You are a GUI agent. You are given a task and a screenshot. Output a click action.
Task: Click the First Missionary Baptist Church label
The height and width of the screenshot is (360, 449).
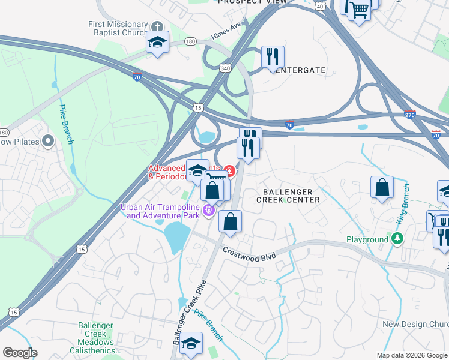point(118,28)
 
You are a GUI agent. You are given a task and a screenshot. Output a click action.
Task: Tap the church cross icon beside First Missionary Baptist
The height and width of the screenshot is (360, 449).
point(157,26)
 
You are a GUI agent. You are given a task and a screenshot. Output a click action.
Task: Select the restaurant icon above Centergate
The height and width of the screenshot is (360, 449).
point(273,57)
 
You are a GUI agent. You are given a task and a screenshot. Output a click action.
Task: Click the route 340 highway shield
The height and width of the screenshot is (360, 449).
point(225,68)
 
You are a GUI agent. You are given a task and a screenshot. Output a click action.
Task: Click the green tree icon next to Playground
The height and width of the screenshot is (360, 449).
point(397,239)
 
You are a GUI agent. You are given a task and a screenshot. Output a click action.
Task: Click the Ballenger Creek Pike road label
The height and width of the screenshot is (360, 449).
point(188,311)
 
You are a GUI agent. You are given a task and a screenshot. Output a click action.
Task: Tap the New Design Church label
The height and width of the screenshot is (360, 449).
point(415,324)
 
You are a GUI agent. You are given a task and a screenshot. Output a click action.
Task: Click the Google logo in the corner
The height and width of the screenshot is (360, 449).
point(20,353)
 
